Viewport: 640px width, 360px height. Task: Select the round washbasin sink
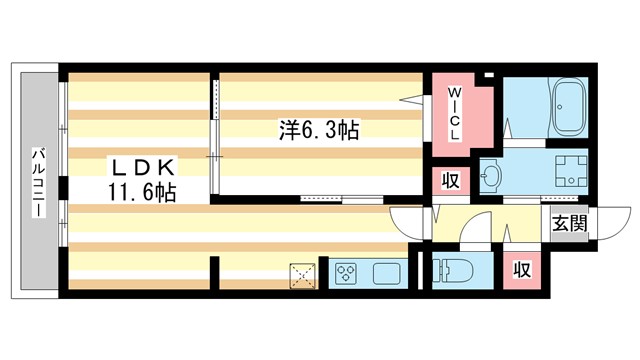coord(492,178)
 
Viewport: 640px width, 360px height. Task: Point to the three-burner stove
coord(346,272)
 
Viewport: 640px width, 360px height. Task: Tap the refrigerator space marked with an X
coord(302,274)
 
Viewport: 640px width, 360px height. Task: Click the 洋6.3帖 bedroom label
coord(319,130)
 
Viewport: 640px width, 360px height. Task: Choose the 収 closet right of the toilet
coord(520,270)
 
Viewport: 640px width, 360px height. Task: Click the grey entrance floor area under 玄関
coord(567,240)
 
